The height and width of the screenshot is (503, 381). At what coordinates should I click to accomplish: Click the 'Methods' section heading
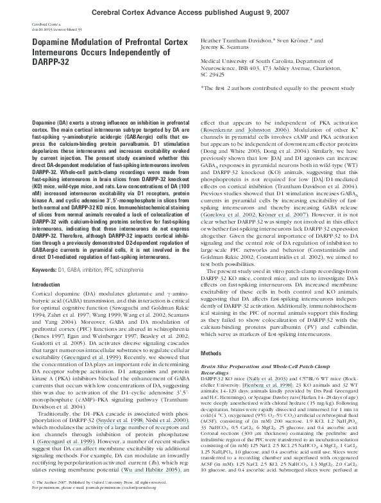pos(213,354)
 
